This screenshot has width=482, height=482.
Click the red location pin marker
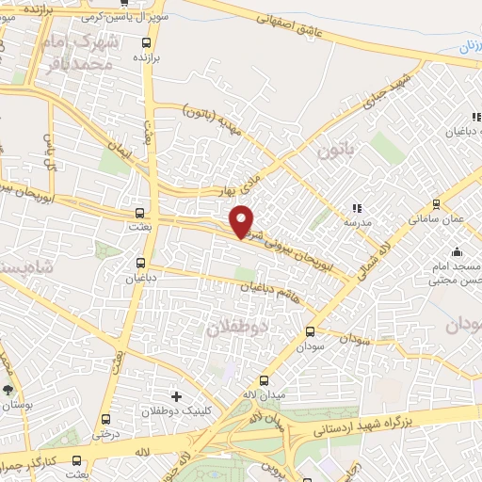242,220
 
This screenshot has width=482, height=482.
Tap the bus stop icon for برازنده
145,42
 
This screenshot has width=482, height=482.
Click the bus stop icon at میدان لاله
265,380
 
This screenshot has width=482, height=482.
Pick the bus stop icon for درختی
106,420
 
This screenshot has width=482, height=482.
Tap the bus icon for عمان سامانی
434,202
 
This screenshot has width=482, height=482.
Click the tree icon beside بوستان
9,389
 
